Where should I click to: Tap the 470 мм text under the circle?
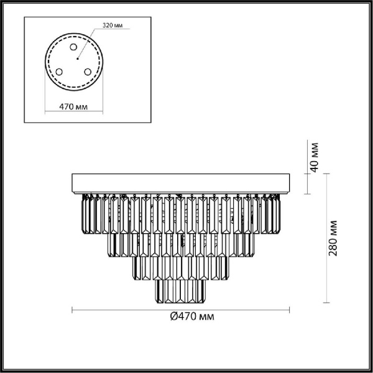point(73,107)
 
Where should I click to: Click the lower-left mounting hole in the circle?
point(60,72)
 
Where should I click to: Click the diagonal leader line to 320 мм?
point(87,42)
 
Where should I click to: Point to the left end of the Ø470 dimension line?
point(74,308)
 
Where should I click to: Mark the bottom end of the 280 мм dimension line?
point(323,301)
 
